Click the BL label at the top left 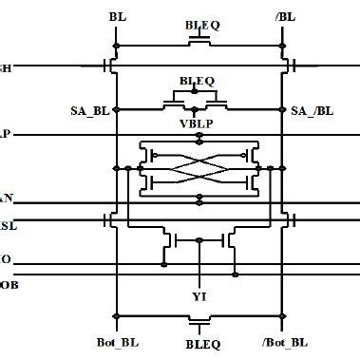(x=116, y=17)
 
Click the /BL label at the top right (x=283, y=17)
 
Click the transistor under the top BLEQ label (x=200, y=42)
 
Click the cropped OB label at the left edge (x=5, y=282)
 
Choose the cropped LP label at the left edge (x=5, y=134)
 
